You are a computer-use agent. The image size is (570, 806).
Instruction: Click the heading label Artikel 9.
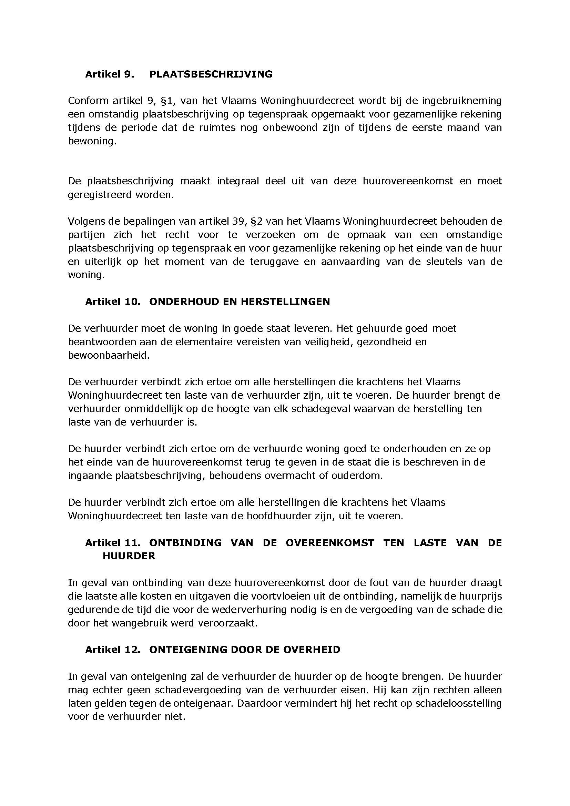pos(110,74)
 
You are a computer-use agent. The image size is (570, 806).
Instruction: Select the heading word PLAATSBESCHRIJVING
pos(211,74)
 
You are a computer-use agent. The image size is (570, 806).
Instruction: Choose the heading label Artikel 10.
pos(113,302)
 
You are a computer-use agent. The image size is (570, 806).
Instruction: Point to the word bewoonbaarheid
pos(109,355)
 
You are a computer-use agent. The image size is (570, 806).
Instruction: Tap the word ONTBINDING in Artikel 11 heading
pos(185,543)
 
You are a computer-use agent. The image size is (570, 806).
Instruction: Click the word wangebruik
pos(138,623)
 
